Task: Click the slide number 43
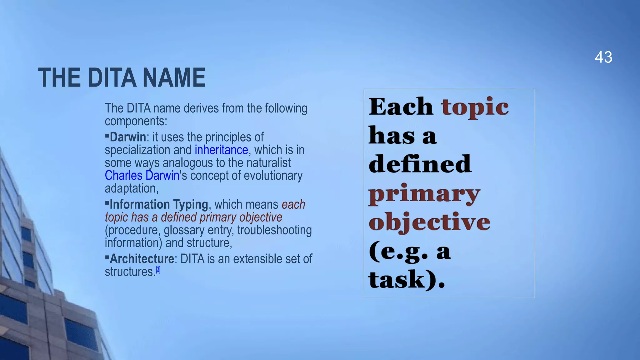click(x=603, y=57)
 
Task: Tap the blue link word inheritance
click(x=221, y=150)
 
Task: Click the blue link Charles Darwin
click(x=142, y=176)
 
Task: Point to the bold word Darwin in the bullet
click(x=128, y=137)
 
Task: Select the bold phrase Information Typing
click(x=159, y=204)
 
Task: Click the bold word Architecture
click(x=142, y=259)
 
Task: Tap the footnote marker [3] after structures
click(x=158, y=270)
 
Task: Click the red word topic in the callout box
click(x=474, y=107)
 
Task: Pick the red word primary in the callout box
click(x=424, y=194)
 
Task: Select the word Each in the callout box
click(x=401, y=107)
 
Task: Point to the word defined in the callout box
click(x=420, y=164)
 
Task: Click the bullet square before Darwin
click(x=107, y=136)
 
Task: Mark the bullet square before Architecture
click(x=107, y=257)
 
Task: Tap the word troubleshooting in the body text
click(x=274, y=230)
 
